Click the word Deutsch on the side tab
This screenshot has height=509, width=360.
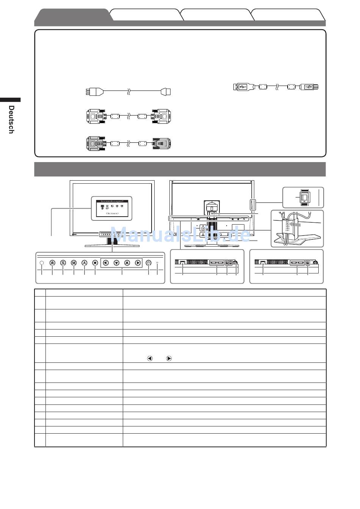[11, 119]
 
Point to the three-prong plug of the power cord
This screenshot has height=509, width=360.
[91, 92]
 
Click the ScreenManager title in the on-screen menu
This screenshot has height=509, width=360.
[112, 201]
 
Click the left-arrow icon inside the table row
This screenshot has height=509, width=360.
[150, 358]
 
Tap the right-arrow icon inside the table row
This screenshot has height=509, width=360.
[169, 358]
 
